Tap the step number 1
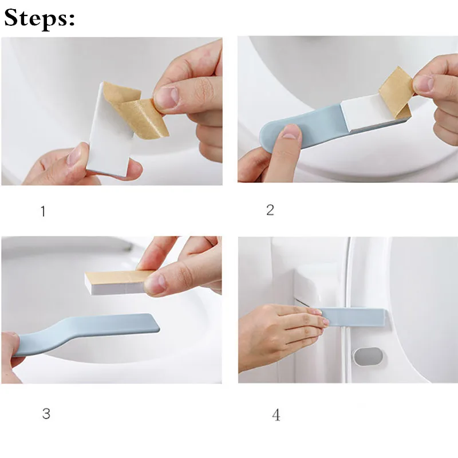click(x=44, y=211)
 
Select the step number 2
click(x=270, y=210)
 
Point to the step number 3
click(x=46, y=413)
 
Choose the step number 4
click(x=276, y=414)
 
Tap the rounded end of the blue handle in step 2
click(x=269, y=137)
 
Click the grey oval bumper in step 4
click(x=368, y=356)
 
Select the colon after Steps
click(x=72, y=21)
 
